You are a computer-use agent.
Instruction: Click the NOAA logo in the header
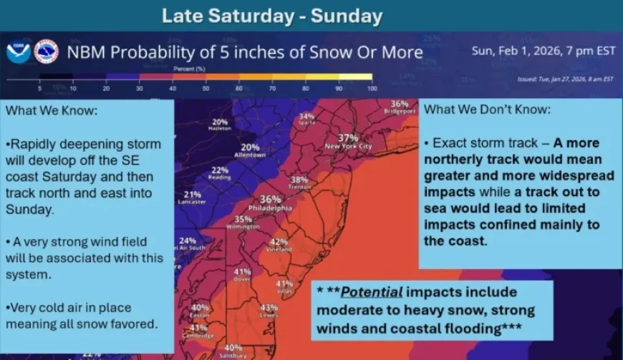click(x=18, y=52)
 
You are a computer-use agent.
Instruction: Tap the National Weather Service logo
click(x=46, y=52)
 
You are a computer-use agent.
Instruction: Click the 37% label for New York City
click(x=348, y=137)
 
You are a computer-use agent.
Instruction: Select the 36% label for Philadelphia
click(x=270, y=199)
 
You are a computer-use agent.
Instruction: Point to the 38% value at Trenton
click(x=299, y=180)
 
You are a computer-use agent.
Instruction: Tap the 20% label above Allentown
click(x=250, y=147)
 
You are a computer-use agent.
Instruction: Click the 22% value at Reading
click(x=220, y=170)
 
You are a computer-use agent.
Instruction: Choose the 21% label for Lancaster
click(x=193, y=194)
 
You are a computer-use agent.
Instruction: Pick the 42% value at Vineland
click(x=279, y=242)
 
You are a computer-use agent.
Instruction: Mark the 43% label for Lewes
click(x=269, y=308)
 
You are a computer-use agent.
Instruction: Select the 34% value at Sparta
click(x=306, y=116)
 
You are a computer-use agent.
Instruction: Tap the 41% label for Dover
click(x=242, y=272)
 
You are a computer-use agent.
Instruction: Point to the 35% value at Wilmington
click(x=243, y=219)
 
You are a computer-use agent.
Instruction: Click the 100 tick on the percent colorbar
click(x=372, y=88)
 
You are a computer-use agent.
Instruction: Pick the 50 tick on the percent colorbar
click(x=206, y=88)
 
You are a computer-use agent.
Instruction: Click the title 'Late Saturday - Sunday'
click(x=272, y=16)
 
